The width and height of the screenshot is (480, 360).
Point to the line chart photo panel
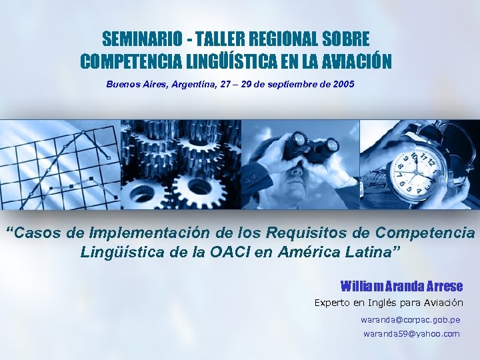pyautogui.click(x=60, y=163)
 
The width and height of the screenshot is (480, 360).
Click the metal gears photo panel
pyautogui.click(x=180, y=163)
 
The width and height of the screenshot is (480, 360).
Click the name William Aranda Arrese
pyautogui.click(x=401, y=286)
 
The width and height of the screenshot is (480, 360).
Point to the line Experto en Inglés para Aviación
pyautogui.click(x=388, y=303)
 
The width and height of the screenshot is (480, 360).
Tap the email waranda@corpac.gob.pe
pyautogui.click(x=410, y=320)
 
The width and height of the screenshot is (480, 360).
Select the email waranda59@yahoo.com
pyautogui.click(x=411, y=333)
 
